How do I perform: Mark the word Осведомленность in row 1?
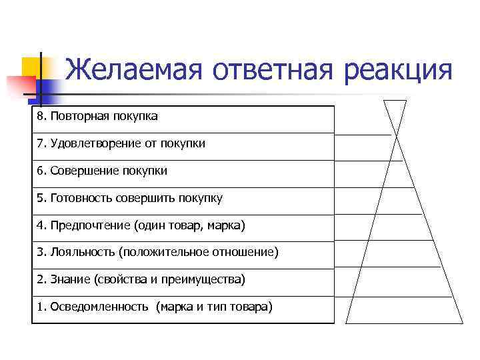pos(100,307)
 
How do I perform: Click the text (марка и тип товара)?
pos(214,307)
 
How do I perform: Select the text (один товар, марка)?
pos(190,225)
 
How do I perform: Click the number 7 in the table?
pos(40,143)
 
